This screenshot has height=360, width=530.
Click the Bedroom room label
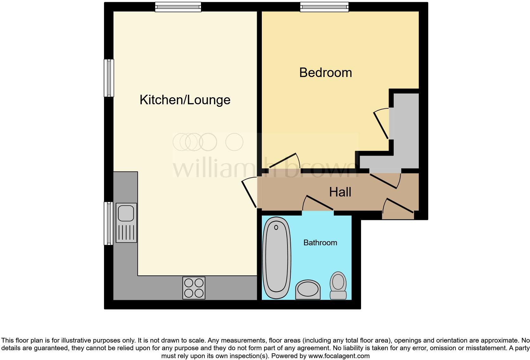tap(326, 73)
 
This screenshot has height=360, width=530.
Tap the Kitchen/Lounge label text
tap(185, 100)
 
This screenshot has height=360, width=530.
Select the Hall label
tap(340, 192)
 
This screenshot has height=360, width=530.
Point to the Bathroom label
tap(320, 243)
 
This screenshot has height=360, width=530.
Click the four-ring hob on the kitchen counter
tap(194, 288)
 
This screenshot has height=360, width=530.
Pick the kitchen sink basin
tap(126, 213)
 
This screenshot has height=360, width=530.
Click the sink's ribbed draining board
tap(126, 232)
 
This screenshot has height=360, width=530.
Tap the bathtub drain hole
tap(276, 227)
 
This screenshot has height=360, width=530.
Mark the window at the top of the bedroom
tap(324, 7)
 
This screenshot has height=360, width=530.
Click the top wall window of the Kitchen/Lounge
tap(178, 7)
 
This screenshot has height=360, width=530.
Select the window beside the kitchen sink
tap(109, 223)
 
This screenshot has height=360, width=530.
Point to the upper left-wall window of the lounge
tap(109, 78)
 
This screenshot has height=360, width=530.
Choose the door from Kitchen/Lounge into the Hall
tap(249, 193)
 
